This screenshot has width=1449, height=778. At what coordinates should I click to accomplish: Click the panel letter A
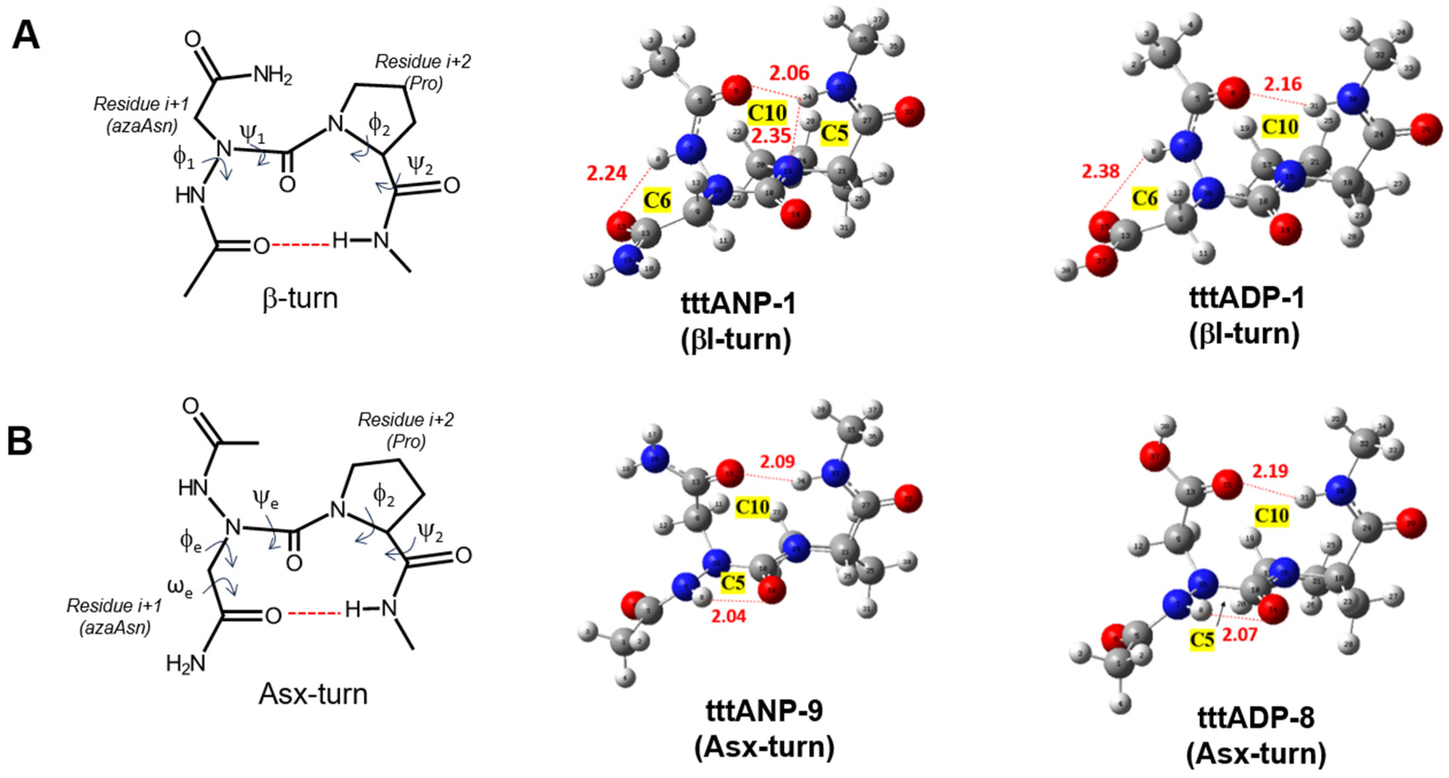pyautogui.click(x=26, y=35)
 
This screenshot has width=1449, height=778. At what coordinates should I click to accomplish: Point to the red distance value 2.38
pyautogui.click(x=1100, y=170)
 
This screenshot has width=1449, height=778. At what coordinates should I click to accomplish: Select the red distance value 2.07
pyautogui.click(x=1240, y=636)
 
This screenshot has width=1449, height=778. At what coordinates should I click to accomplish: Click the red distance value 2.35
pyautogui.click(x=772, y=136)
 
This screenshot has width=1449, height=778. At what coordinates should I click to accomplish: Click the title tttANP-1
pyautogui.click(x=738, y=304)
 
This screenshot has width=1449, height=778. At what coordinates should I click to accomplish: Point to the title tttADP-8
pyautogui.click(x=1255, y=718)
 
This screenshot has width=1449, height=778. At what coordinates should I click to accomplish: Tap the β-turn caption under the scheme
pyautogui.click(x=300, y=298)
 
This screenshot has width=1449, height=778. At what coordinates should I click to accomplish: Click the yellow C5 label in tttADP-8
pyautogui.click(x=1202, y=640)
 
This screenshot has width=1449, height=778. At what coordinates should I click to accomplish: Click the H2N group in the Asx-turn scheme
pyautogui.click(x=185, y=664)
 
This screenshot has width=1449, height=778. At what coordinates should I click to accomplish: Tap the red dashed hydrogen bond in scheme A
pyautogui.click(x=301, y=245)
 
